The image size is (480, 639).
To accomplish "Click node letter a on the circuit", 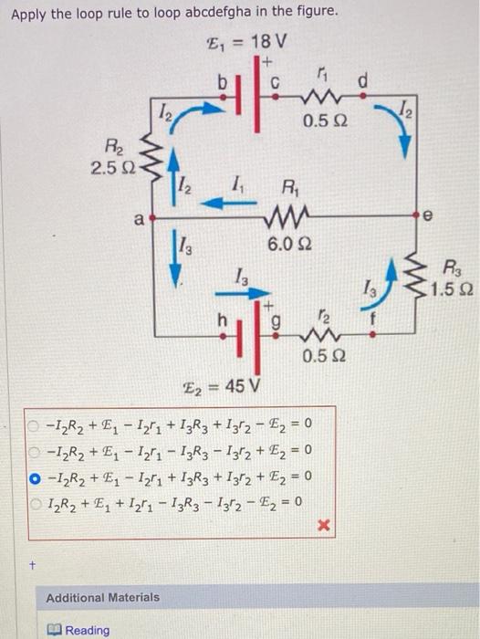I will (138, 218).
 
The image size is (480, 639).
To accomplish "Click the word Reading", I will (88, 630).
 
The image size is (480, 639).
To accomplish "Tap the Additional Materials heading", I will (103, 597).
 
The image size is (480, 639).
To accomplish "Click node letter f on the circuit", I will (373, 321).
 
